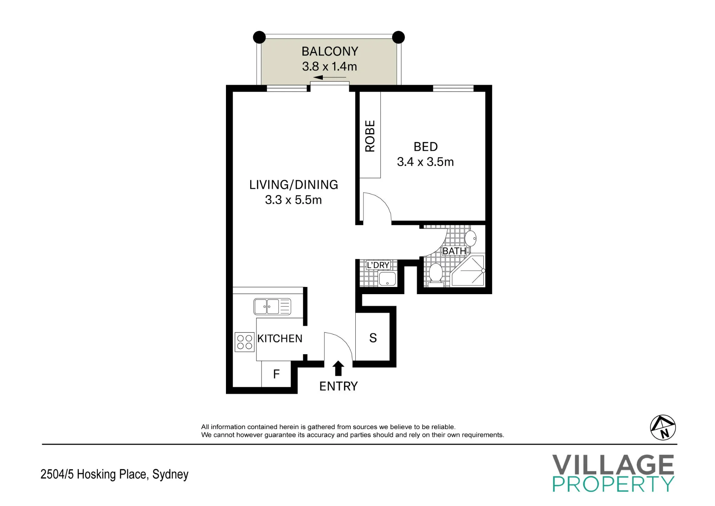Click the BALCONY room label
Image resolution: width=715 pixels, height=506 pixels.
pyautogui.click(x=330, y=52)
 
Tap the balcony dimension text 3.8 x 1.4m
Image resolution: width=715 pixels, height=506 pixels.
pyautogui.click(x=329, y=67)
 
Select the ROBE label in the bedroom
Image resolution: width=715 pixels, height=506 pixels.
pyautogui.click(x=370, y=136)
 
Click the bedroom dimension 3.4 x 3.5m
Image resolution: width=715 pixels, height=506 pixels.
pyautogui.click(x=425, y=162)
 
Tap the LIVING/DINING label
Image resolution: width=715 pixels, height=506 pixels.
pyautogui.click(x=294, y=185)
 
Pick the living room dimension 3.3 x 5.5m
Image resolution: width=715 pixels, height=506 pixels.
pyautogui.click(x=294, y=200)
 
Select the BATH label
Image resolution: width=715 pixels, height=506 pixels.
pyautogui.click(x=454, y=251)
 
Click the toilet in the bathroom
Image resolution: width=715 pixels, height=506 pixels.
pyautogui.click(x=436, y=275)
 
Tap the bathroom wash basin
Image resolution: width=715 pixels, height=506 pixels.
pyautogui.click(x=470, y=238)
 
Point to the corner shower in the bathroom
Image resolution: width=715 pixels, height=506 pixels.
pyautogui.click(x=468, y=271)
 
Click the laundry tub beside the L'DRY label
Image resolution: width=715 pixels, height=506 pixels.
pyautogui.click(x=387, y=279)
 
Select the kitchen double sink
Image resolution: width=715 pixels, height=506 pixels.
pyautogui.click(x=272, y=307)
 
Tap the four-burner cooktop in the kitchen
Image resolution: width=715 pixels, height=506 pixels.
pyautogui.click(x=245, y=342)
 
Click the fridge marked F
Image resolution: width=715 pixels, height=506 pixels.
pyautogui.click(x=276, y=374)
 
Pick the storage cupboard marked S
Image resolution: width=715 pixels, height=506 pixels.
pyautogui.click(x=373, y=337)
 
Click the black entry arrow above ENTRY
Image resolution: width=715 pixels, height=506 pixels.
pyautogui.click(x=338, y=369)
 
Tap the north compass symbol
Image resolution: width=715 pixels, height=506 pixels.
pyautogui.click(x=663, y=427)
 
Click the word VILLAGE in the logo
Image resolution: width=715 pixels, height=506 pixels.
pyautogui.click(x=613, y=464)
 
